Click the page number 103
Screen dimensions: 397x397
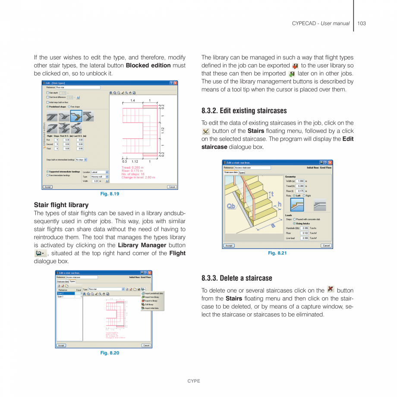pos(362,23)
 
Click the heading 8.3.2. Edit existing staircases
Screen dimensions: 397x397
pos(244,111)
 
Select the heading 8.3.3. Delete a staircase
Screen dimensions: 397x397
pos(237,278)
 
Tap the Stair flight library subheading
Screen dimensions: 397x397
pos(61,205)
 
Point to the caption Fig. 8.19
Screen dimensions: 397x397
pos(110,194)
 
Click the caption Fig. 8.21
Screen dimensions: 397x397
pos(277,253)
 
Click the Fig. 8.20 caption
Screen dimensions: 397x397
pos(110,353)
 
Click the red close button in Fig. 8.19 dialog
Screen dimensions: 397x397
pos(176,83)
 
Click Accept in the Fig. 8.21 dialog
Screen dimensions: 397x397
pos(229,246)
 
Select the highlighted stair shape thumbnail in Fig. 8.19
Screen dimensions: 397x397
pos(76,116)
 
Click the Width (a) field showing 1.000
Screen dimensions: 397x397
pos(300,181)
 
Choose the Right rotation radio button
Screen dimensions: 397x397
pos(304,195)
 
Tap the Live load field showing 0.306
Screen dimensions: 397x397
pos(305,238)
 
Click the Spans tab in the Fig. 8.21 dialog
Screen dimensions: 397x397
pos(242,172)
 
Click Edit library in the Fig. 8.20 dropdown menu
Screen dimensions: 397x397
pos(149,304)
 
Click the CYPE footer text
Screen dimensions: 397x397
pos(193,381)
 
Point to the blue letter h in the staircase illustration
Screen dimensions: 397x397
pos(279,205)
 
